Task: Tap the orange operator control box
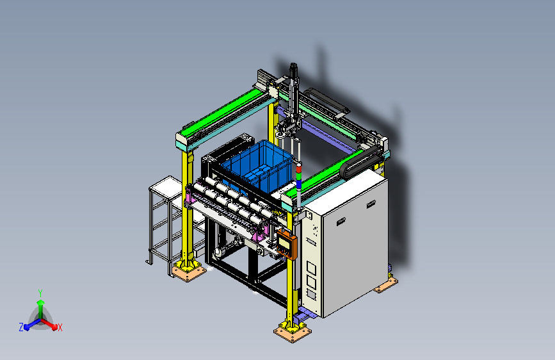[x=287, y=244]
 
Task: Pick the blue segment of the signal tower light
[x=299, y=184]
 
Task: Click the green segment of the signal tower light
[x=299, y=177]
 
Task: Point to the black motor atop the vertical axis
[x=293, y=70]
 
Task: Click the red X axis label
[x=60, y=328]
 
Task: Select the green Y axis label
[x=40, y=293]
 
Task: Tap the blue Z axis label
[x=21, y=327]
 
